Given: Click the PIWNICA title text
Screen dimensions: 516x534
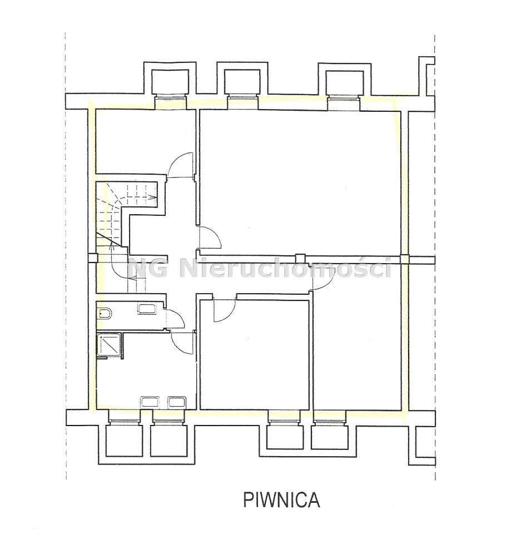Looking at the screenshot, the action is click(x=281, y=500).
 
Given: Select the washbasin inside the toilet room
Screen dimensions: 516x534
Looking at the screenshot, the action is click(x=147, y=309).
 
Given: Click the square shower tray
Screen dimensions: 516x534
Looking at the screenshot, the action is click(x=109, y=345).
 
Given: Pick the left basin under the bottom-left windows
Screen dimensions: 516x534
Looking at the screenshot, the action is click(x=150, y=402).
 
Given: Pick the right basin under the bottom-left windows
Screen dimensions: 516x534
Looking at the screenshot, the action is click(x=177, y=402).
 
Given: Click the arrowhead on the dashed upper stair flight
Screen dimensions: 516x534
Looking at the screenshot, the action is click(x=153, y=196).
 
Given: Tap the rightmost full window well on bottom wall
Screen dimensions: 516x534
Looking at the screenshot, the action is click(x=330, y=437).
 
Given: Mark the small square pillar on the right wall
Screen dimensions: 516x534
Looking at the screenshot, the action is click(x=404, y=259).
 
